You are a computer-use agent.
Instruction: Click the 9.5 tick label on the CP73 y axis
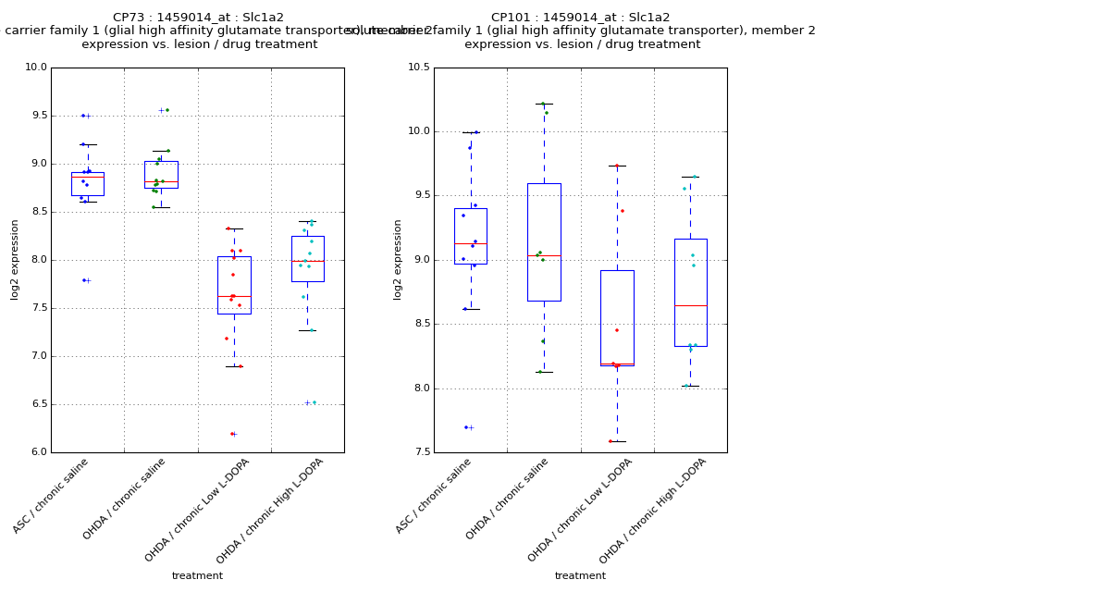pos(35,116)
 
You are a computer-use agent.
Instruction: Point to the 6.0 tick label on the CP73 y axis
pos(35,452)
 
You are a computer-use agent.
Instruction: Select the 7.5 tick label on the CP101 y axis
pos(418,452)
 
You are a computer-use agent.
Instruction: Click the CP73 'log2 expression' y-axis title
pos(15,259)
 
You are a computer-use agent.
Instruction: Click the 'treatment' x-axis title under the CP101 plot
pos(580,576)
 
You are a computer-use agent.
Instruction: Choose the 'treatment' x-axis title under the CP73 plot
pos(197,576)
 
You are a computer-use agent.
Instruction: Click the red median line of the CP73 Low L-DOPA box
pos(234,296)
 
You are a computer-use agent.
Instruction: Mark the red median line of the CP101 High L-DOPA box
pos(690,305)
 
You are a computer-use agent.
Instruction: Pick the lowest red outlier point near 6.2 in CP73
pos(232,434)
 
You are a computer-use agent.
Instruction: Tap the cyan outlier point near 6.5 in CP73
pos(314,402)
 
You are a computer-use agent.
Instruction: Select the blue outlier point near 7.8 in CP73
pos(83,280)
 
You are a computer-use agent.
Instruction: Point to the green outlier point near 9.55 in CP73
pos(166,110)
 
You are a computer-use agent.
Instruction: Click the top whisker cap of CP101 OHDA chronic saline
pos(544,104)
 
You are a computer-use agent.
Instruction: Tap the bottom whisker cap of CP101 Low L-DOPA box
pos(617,441)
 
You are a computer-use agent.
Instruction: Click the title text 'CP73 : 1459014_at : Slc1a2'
pos(198,18)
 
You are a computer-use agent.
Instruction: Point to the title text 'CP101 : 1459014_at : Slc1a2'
pos(580,18)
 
